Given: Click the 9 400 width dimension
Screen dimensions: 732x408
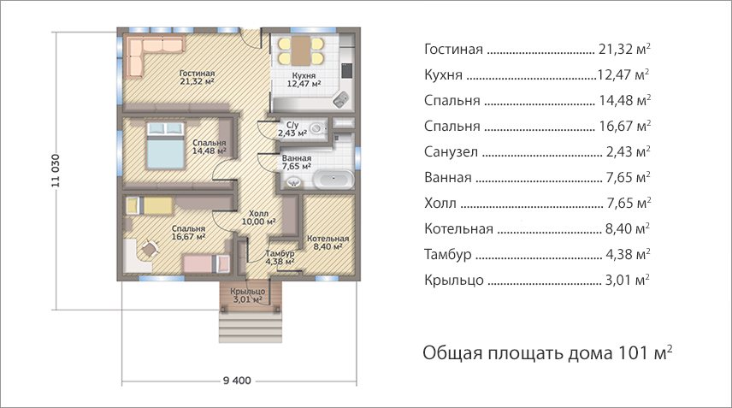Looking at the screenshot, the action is click(x=237, y=381).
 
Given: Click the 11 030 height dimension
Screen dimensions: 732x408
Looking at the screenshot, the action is click(x=56, y=170).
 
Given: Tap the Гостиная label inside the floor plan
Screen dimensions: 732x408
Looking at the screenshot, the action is click(x=197, y=74).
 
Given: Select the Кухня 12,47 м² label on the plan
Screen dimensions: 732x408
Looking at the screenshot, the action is click(x=304, y=80).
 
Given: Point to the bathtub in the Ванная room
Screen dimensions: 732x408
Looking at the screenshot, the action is click(x=334, y=180).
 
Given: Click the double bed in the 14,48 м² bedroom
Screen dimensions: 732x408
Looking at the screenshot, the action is click(x=165, y=145).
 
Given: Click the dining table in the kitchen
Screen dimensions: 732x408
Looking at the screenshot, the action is click(x=301, y=50).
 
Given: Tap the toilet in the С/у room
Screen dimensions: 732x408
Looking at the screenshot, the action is click(x=318, y=127).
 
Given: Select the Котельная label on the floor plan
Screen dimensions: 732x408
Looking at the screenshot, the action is click(x=328, y=239).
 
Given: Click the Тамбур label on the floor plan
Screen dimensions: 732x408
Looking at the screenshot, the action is click(x=280, y=253).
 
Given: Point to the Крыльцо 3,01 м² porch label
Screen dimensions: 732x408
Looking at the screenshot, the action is click(x=247, y=295).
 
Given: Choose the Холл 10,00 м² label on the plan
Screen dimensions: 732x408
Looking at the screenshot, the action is click(x=258, y=217).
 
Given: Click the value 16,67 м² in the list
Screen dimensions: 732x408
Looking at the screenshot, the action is click(x=624, y=126).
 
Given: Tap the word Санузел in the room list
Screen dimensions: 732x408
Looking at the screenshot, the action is click(x=451, y=151).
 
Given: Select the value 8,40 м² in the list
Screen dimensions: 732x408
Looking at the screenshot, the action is click(x=628, y=228).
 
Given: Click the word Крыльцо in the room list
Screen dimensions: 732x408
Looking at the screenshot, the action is click(x=454, y=280).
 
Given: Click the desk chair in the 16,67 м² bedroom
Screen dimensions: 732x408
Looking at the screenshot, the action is click(x=150, y=248).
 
